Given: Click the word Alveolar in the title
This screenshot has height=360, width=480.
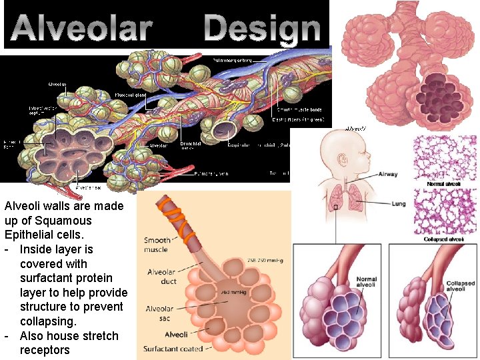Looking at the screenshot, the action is click(82, 28).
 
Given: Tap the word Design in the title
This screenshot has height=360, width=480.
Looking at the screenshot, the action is click(262, 28).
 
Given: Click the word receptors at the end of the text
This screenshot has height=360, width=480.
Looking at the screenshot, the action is click(45, 350).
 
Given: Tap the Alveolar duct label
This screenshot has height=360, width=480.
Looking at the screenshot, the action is click(161, 276).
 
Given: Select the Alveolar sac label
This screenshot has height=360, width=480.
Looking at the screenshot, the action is click(159, 313).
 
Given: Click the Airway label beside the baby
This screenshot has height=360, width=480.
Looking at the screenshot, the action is click(387, 175).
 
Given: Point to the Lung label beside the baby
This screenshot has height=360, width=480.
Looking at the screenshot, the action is click(399, 204).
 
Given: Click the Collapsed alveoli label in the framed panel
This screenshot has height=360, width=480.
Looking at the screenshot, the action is click(460, 286).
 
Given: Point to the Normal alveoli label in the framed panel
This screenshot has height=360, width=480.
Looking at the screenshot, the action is click(367, 283).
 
